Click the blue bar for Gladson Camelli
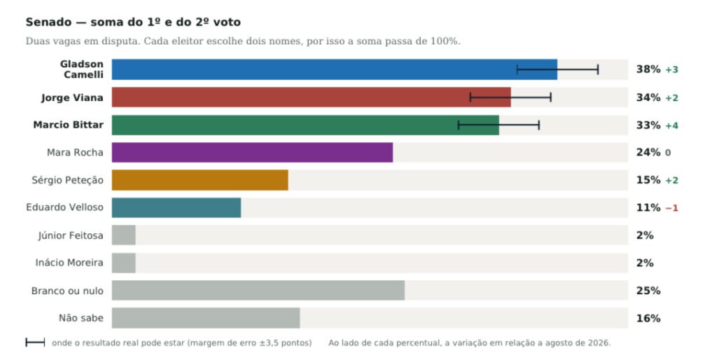point(334,69)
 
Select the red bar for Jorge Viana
point(312,97)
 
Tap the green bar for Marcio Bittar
point(305,125)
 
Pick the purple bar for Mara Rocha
point(252,152)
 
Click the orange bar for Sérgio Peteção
point(200,180)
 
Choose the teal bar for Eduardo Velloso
point(176,208)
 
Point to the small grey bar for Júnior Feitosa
point(123,235)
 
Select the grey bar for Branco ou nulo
point(258,291)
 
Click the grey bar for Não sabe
point(206,318)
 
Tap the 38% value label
point(648,69)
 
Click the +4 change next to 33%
point(671,125)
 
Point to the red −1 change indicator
point(671,208)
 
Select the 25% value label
point(648,291)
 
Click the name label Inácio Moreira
point(69,263)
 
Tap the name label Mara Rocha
point(75,152)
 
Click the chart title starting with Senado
point(133,22)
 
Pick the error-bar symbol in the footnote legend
point(35,342)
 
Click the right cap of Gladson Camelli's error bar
point(598,69)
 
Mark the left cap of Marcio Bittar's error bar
point(458,125)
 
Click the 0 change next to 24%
point(668,153)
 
